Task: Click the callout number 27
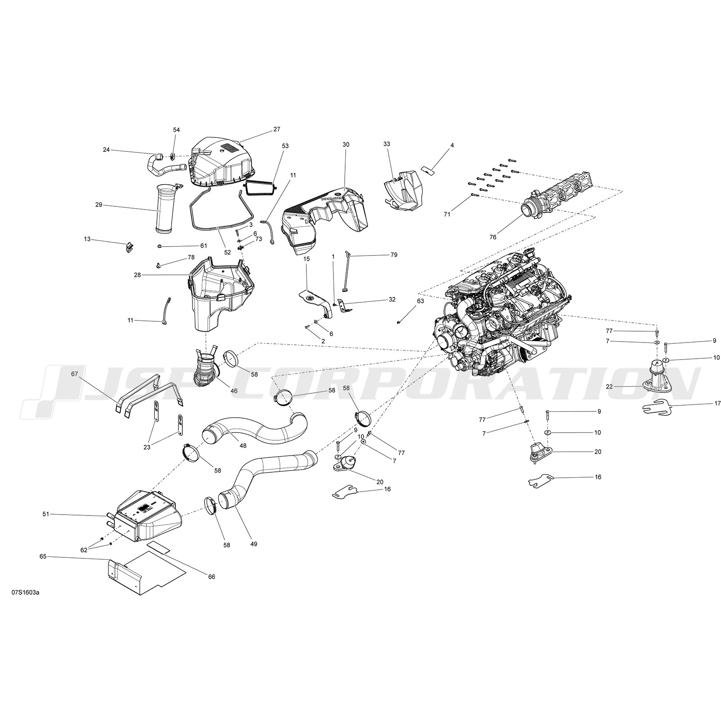coord(277,129)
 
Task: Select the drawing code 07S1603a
coord(26,592)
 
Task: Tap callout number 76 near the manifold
coord(493,237)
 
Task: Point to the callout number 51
coord(45,514)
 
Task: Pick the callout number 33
coord(387,144)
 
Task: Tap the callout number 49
coord(254,544)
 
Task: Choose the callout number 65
coord(43,557)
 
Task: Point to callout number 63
coord(420,301)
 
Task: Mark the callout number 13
coord(87,239)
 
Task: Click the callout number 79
coord(394,255)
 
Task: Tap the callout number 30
coord(346,145)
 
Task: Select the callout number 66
coord(211,577)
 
